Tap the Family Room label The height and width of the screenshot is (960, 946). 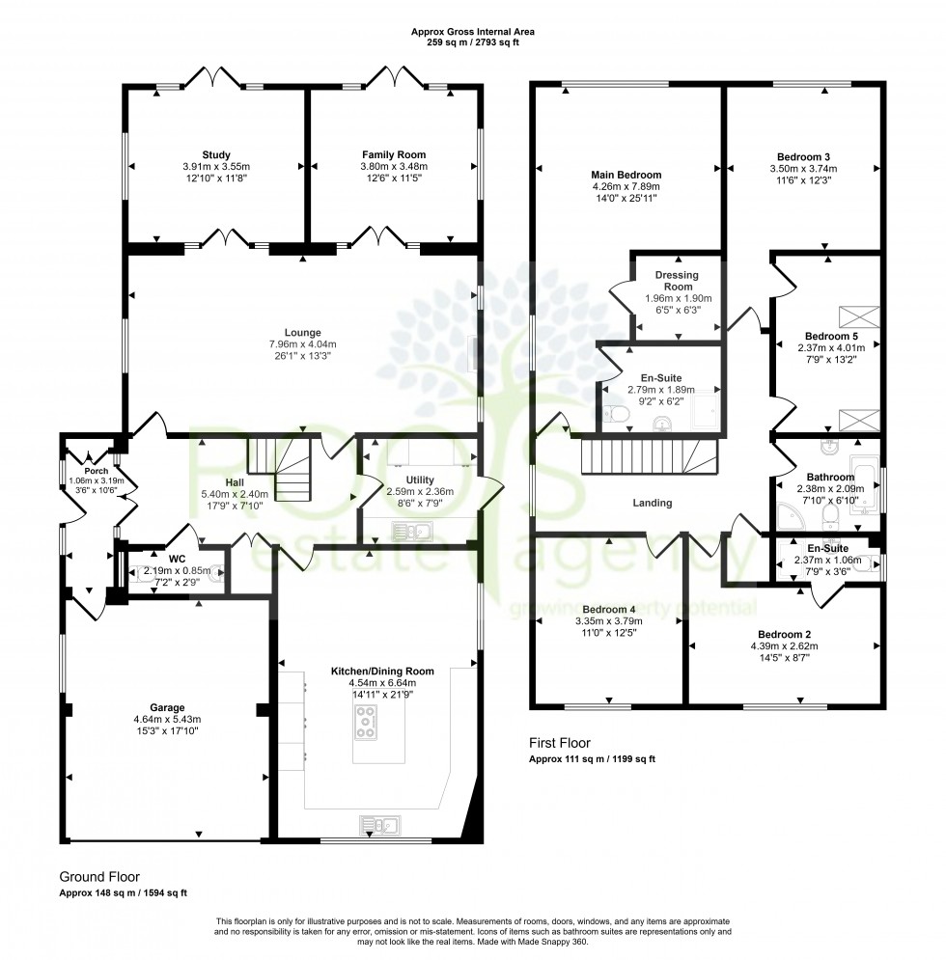coord(394,154)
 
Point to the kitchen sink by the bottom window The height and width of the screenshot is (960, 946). coord(382,825)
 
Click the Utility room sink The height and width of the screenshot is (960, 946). coord(411,529)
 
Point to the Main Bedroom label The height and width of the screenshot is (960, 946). coord(626,175)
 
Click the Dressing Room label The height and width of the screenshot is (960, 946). coord(677,281)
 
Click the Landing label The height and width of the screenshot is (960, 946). coord(653,503)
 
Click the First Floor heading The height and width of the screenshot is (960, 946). coord(559,743)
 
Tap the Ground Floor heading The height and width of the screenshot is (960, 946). coord(99,877)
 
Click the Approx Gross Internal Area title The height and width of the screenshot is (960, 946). coord(472,32)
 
